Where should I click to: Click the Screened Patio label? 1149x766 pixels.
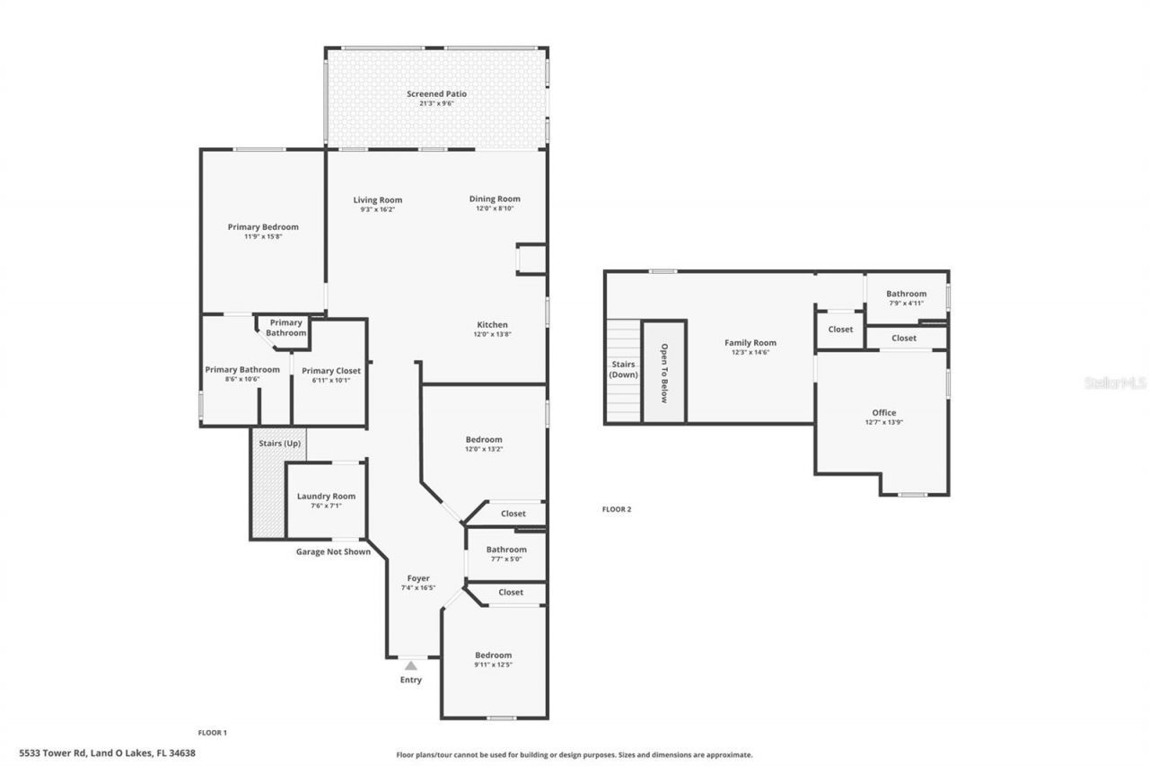[x=436, y=93]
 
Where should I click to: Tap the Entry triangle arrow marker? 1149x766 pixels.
[x=410, y=665]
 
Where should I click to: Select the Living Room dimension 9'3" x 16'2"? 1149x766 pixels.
[x=377, y=209]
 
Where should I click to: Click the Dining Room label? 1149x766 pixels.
[x=495, y=198]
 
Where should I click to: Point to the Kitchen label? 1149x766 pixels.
[x=492, y=324]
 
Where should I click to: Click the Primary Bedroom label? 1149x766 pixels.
[x=263, y=227]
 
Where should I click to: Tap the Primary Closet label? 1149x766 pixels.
[x=330, y=370]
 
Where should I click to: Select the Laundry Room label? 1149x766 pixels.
[x=326, y=496]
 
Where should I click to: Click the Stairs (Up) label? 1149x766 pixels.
[x=279, y=444]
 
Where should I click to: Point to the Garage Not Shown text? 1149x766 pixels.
[x=333, y=551]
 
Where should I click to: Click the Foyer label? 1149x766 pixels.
[x=418, y=578]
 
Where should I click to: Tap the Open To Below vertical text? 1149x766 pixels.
[x=664, y=373]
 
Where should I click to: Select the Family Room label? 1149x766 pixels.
[x=750, y=342]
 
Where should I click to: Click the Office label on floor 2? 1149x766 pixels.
[x=884, y=412]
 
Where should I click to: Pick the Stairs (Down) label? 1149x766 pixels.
[x=623, y=369]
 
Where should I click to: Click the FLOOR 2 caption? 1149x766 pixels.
[x=617, y=509]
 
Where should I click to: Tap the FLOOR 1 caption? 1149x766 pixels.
[x=213, y=733]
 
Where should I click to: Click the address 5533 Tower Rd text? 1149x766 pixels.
[x=108, y=753]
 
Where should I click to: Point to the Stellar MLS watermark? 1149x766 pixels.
[x=1115, y=383]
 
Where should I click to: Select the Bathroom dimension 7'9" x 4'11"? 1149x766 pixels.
[x=906, y=304]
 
